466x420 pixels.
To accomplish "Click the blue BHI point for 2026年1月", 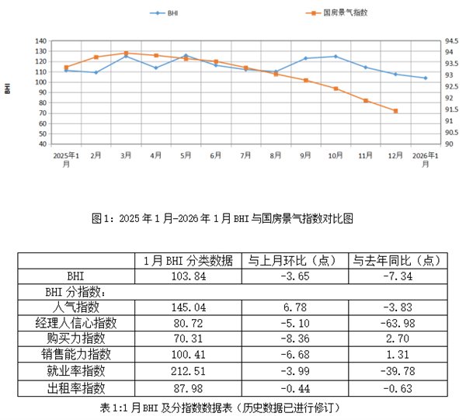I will (x=425, y=78).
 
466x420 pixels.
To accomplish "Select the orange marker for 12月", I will (x=395, y=111).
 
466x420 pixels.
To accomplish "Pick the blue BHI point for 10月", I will (x=336, y=56).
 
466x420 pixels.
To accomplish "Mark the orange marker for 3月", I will (x=126, y=54).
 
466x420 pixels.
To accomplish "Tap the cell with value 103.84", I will (x=186, y=276).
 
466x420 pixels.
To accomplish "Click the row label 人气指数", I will (x=76, y=307).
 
